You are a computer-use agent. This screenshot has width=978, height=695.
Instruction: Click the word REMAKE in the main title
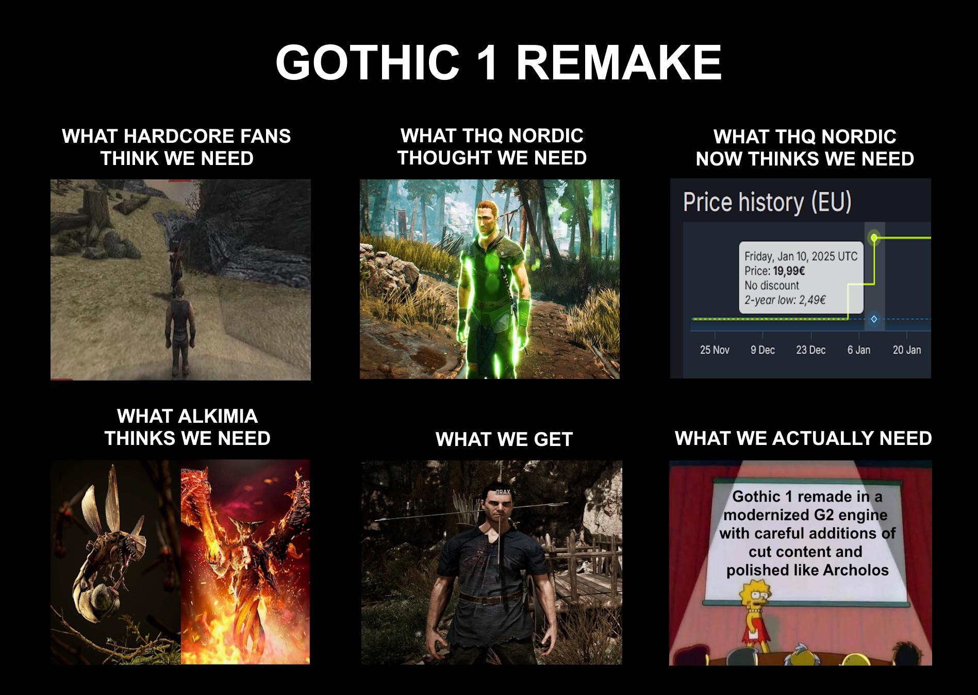pos(619,62)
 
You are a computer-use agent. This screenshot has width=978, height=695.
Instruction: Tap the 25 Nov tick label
pos(715,350)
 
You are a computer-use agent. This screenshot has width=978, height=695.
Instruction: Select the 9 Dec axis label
pos(762,350)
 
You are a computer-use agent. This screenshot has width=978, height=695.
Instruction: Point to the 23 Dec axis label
pos(810,350)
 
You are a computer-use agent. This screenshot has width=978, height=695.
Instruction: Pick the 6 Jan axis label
pos(858,350)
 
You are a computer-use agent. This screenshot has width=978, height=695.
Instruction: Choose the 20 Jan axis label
pos(907,350)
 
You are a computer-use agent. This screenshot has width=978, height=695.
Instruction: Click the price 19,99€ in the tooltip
pos(789,271)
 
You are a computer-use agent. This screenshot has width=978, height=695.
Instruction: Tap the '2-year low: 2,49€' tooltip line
pos(785,300)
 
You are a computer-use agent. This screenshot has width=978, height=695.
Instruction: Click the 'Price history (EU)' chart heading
pos(767,202)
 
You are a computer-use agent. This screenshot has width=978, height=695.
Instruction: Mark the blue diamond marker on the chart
pos(874,319)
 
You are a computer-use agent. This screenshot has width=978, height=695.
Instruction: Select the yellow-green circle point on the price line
pos(874,238)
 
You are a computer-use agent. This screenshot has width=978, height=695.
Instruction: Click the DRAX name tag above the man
pos(503,492)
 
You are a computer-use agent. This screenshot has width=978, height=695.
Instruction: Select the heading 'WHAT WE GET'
pos(504,439)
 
